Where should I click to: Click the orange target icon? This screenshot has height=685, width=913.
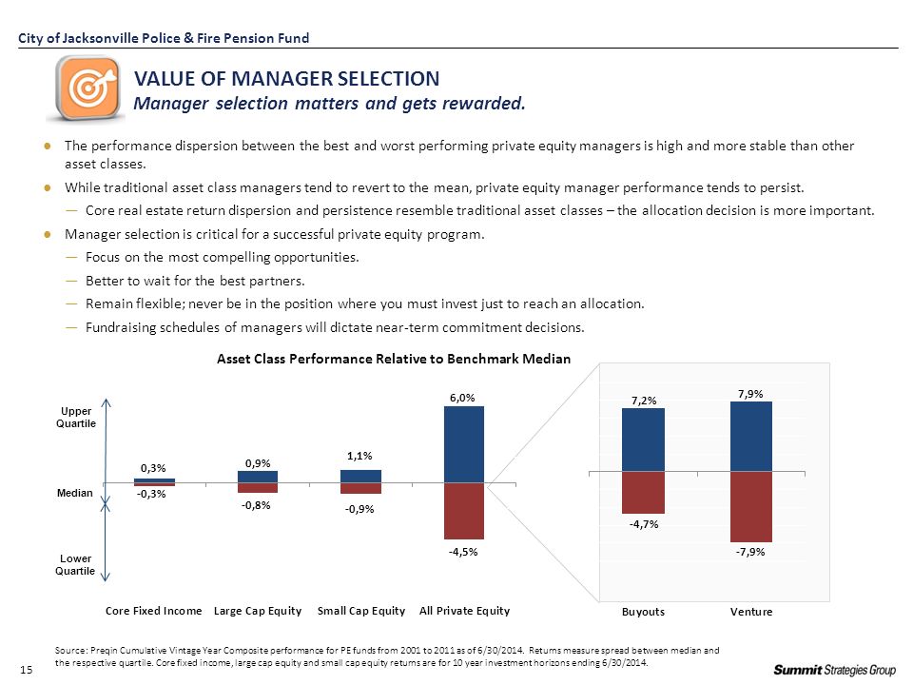coord(87,88)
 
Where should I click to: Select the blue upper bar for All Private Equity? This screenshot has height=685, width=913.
coord(464,444)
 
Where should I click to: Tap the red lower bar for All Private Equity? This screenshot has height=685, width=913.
coord(464,511)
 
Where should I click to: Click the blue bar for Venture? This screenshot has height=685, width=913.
coord(751,437)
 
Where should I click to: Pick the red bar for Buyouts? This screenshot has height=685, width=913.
coord(644,492)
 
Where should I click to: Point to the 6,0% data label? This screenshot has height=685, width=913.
coord(462,398)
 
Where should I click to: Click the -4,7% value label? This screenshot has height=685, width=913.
coord(644,524)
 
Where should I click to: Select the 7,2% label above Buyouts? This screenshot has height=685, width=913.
coord(644,401)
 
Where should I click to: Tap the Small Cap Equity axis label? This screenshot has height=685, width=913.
coord(361,611)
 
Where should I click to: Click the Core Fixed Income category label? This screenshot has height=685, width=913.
coord(154,611)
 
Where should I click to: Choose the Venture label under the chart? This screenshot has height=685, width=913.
coord(751,612)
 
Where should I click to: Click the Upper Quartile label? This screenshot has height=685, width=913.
coord(76,417)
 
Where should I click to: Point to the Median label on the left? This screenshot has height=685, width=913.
coord(74,493)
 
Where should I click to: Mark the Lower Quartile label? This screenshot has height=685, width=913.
coord(75,564)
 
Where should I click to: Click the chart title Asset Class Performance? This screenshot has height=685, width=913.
coord(394,359)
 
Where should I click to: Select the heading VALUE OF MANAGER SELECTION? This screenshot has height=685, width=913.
coord(287,79)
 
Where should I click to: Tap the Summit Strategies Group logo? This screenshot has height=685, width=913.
coord(834,670)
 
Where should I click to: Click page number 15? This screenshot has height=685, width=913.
coord(27,670)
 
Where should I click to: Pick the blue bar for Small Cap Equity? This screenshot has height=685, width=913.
coord(361,477)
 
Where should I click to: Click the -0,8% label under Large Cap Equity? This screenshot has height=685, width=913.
coord(256,505)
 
